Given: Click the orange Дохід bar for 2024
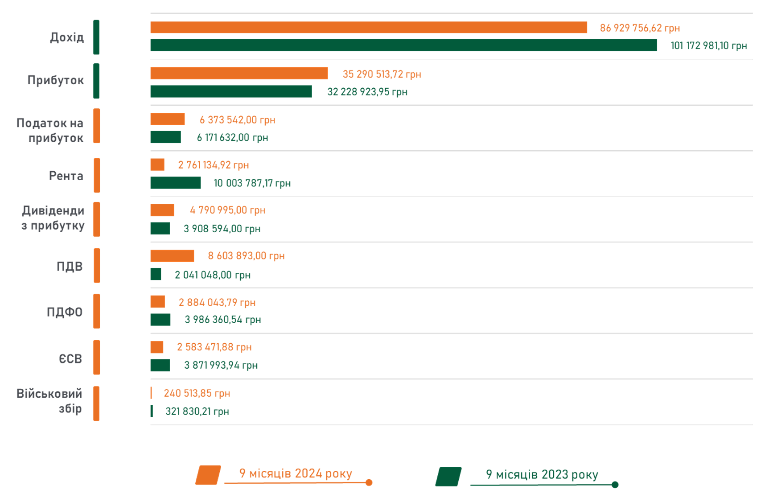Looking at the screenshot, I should pyautogui.click(x=369, y=27).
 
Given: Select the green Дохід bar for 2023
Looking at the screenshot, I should pyautogui.click(x=403, y=45).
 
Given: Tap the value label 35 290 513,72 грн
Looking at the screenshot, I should pyautogui.click(x=382, y=74).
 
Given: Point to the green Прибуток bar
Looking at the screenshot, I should pyautogui.click(x=231, y=91).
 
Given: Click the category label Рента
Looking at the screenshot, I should pyautogui.click(x=66, y=176).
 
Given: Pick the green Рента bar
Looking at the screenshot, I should pyautogui.click(x=175, y=183).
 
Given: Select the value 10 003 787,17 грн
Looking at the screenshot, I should pyautogui.click(x=252, y=183).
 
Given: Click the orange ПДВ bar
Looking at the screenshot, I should pyautogui.click(x=172, y=255).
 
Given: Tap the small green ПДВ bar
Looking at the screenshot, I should pyautogui.click(x=156, y=274).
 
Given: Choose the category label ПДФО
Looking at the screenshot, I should pyautogui.click(x=65, y=312).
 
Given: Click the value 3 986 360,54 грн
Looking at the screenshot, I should pyautogui.click(x=222, y=320).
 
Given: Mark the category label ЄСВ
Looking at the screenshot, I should pyautogui.click(x=70, y=358).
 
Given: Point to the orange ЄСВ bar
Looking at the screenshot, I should pyautogui.click(x=157, y=347).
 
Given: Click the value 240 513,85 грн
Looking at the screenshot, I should pyautogui.click(x=197, y=393).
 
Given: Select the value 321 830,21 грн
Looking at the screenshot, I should pyautogui.click(x=197, y=411).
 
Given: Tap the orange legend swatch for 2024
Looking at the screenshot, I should pyautogui.click(x=208, y=475).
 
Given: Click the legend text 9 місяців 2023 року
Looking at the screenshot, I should pyautogui.click(x=542, y=474).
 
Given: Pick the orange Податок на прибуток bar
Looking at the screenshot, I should pyautogui.click(x=167, y=119).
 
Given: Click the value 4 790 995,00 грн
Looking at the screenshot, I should pyautogui.click(x=227, y=210).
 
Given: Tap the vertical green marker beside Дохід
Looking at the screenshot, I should pyautogui.click(x=96, y=37).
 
